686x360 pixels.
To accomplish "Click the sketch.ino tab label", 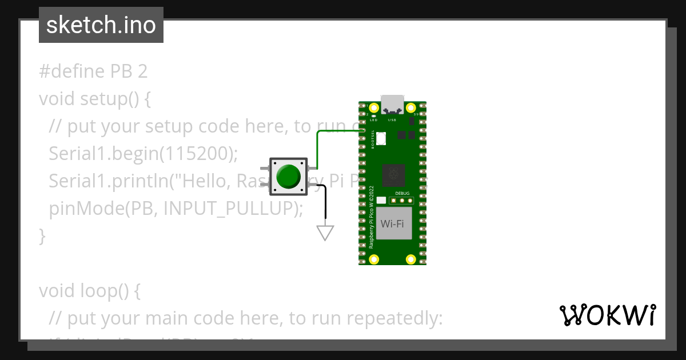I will pos(101,25).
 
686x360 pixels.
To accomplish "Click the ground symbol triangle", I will pos(325,232).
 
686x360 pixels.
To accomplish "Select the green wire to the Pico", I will pos(318,149).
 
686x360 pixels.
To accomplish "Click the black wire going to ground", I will pos(325,203).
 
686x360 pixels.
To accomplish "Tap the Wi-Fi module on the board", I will pos(392,223).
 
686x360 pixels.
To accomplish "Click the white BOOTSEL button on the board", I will pos(381,137).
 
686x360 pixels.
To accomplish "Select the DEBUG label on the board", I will pos(402,193).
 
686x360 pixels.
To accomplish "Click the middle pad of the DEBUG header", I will pos(402,201).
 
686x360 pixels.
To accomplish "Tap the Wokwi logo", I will pos(607,315).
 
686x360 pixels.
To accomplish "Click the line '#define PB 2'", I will pos(93,71).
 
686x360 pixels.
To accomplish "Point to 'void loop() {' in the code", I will pos(90,291).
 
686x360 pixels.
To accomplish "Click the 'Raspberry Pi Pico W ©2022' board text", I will pos(372,217).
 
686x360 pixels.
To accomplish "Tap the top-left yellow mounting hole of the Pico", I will pos(374,108).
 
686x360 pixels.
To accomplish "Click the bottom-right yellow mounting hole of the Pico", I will pos(410,259).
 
